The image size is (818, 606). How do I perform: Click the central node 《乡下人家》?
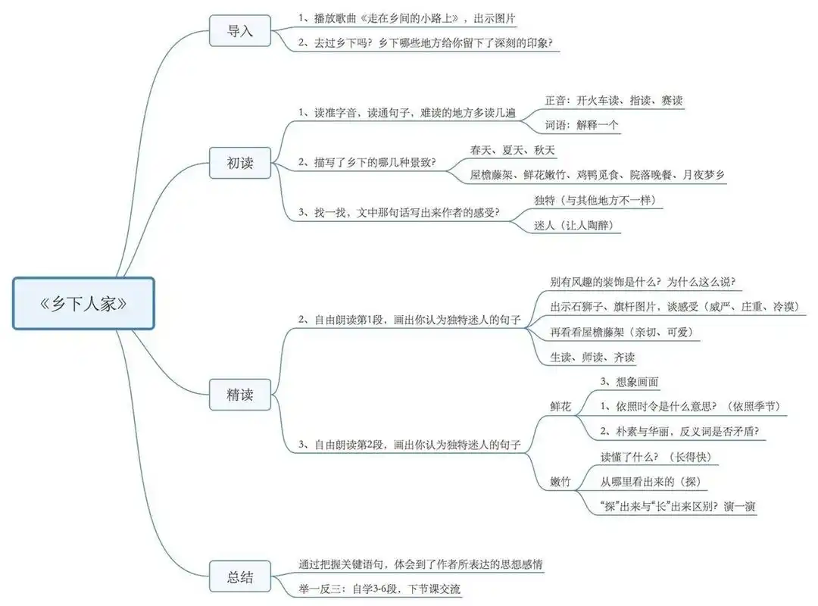coord(83,304)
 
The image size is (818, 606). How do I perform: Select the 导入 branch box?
coord(240,32)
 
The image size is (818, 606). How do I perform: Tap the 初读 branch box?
coord(240,162)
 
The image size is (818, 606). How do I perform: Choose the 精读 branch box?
coord(240,395)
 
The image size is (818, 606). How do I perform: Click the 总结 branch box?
coord(240,577)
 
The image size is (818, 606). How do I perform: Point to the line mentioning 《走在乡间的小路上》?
coord(408,17)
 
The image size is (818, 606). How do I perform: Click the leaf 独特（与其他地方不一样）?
coord(595,200)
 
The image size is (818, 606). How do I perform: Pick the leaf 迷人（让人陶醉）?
coord(573,225)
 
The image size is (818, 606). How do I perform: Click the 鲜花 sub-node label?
coord(560,406)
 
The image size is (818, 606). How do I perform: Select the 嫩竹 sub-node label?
coord(560,481)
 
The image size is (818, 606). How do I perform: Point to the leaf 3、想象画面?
coord(629,381)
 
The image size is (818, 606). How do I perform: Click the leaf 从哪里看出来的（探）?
coord(649,481)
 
